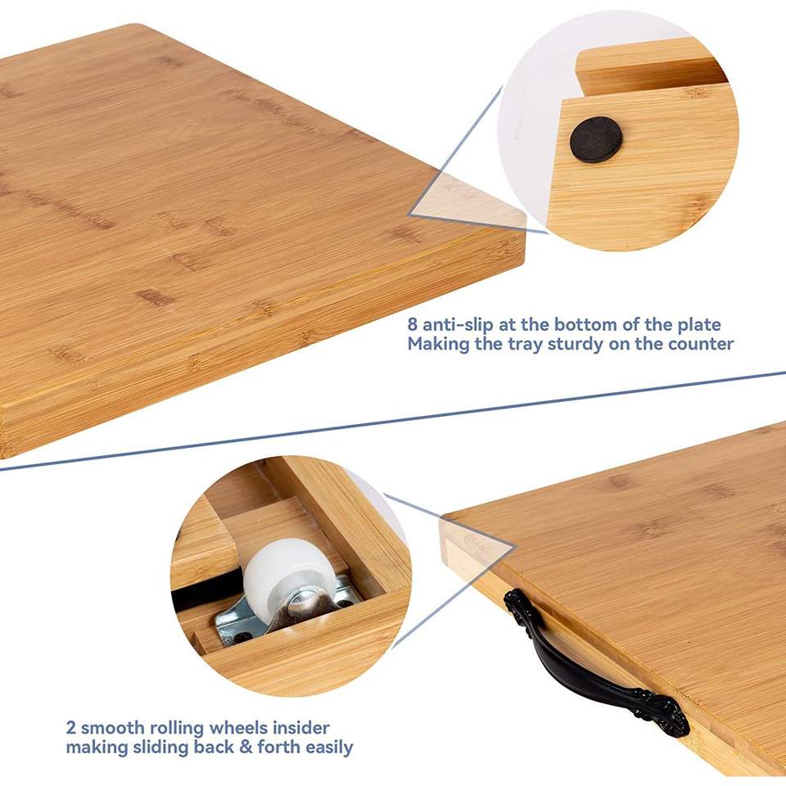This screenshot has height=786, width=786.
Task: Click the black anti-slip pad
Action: coord(597,139)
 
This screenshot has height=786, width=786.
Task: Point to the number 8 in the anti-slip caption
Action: coord(412,324)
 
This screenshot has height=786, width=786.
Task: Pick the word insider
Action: coord(300,727)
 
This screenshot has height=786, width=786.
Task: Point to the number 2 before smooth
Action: coord(70,727)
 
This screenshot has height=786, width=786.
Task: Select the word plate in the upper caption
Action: coord(699,325)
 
